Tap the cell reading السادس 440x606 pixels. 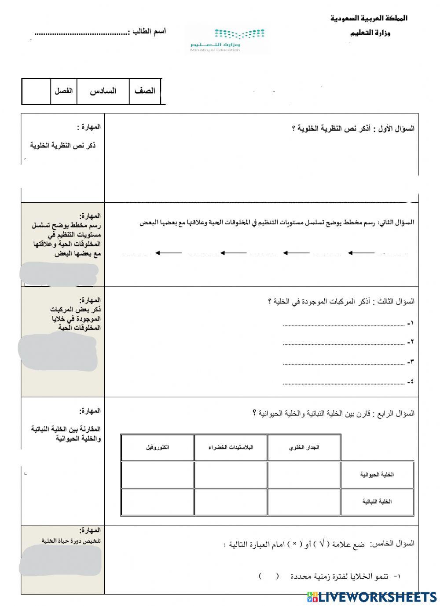(x=103, y=91)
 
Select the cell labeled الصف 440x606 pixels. (x=145, y=91)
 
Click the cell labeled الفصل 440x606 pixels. (x=63, y=91)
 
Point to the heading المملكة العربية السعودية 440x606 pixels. (x=369, y=18)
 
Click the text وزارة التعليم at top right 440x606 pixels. (x=370, y=33)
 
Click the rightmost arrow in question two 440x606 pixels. (x=361, y=253)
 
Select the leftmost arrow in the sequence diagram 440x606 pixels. (x=169, y=253)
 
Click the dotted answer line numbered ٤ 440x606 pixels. (x=344, y=383)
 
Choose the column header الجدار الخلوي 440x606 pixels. (x=304, y=448)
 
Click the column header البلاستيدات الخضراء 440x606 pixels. (x=231, y=448)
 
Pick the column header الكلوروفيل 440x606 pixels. (x=158, y=448)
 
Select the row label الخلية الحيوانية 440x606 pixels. (x=377, y=475)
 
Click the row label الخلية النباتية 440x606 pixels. (x=377, y=502)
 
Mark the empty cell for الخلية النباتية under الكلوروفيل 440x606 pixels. (x=158, y=502)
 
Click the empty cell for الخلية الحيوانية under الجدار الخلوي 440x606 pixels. (x=304, y=475)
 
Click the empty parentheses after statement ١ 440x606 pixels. (x=268, y=576)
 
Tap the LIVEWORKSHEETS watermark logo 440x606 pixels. (x=372, y=596)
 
